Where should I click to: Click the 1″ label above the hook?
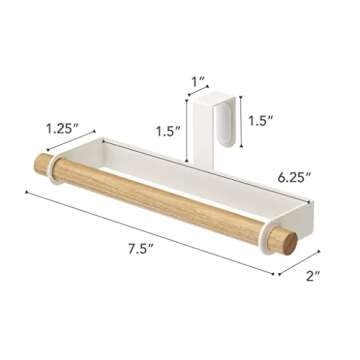(x=198, y=79)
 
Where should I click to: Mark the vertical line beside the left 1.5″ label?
(x=187, y=127)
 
